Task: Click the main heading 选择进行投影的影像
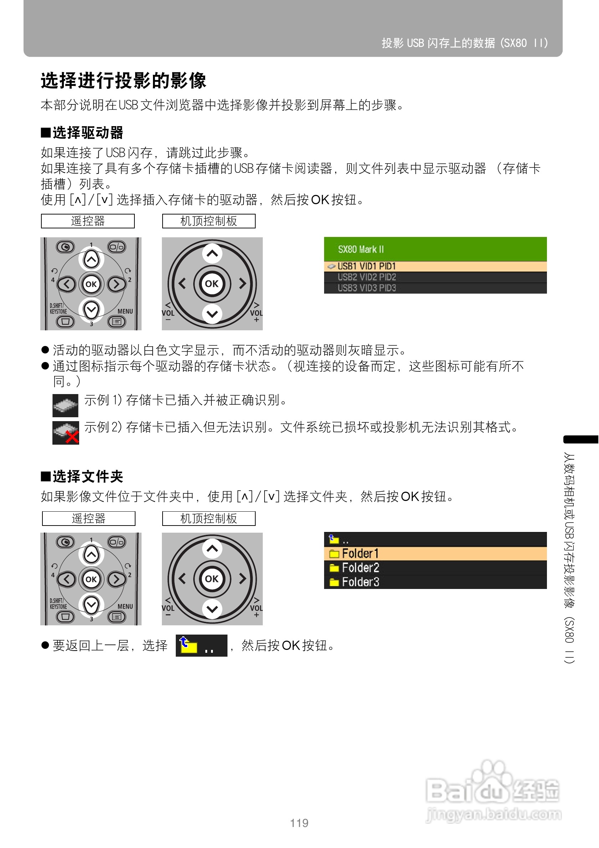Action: (x=123, y=81)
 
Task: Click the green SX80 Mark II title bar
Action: (x=435, y=249)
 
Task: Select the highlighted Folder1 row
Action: (x=435, y=553)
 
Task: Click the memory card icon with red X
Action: (x=66, y=433)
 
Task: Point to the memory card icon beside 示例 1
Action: (x=65, y=405)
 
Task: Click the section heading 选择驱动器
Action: (x=82, y=133)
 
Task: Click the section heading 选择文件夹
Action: (x=82, y=476)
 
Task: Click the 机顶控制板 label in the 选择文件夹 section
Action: (x=209, y=518)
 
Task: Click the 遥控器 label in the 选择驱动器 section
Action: (x=88, y=221)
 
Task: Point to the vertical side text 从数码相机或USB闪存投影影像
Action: (x=569, y=557)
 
